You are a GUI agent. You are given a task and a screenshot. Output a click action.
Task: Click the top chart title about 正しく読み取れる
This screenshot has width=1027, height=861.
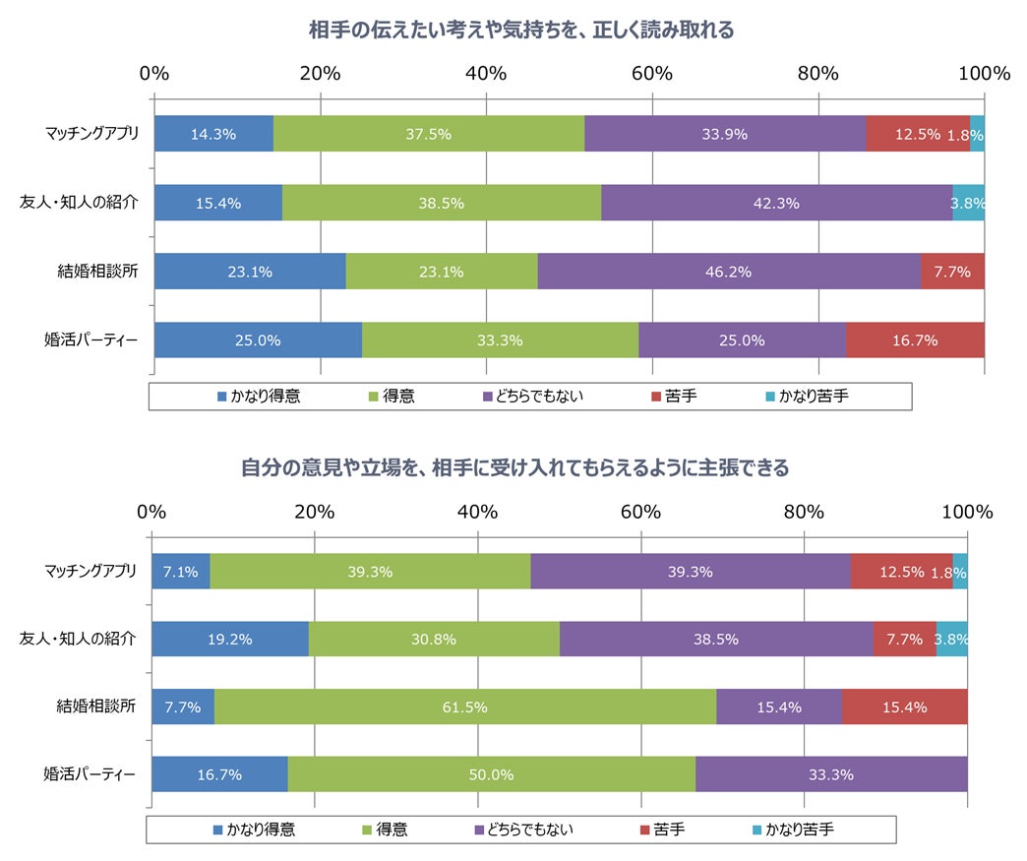(522, 31)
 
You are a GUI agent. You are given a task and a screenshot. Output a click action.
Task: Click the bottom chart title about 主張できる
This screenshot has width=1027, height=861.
(515, 468)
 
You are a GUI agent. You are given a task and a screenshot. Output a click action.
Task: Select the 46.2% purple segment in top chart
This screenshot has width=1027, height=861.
(728, 272)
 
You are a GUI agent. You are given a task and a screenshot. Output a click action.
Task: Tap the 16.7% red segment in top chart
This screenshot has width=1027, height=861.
(914, 340)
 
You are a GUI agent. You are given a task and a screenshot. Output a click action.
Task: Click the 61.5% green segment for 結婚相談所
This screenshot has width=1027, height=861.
(464, 707)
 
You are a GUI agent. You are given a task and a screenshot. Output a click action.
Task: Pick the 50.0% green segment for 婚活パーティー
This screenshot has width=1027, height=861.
(491, 774)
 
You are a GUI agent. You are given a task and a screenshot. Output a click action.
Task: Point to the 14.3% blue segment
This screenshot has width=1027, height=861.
(213, 135)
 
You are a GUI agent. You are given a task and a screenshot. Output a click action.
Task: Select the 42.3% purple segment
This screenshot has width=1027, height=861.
(776, 204)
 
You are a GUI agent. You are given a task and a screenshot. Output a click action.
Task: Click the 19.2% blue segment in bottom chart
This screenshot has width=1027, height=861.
(230, 639)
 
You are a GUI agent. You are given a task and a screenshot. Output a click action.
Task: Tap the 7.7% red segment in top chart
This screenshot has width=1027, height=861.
(951, 272)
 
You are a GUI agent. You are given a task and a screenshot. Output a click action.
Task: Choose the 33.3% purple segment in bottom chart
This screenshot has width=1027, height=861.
(830, 774)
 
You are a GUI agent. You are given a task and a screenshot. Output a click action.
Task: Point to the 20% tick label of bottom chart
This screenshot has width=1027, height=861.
(314, 512)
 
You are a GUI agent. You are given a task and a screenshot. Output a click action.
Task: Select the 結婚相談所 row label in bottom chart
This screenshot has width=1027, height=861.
(95, 706)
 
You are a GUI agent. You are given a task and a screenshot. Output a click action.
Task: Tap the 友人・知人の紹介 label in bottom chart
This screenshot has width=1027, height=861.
(79, 638)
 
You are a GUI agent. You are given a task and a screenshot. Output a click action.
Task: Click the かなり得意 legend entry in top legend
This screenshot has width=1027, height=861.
(259, 396)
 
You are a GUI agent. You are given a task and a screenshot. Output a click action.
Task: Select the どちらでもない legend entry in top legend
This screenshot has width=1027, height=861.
(533, 396)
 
